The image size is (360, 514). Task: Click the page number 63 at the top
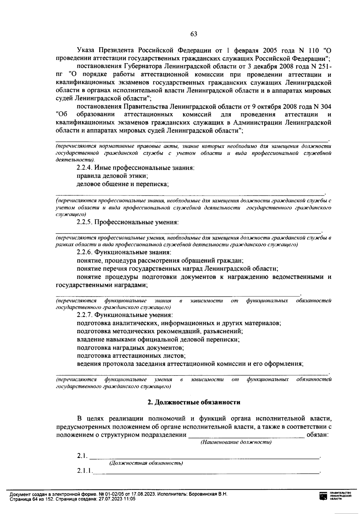point(193,34)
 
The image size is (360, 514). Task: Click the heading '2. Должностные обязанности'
point(194,402)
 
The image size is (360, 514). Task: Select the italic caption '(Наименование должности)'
point(236,442)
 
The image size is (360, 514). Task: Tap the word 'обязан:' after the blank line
point(317,435)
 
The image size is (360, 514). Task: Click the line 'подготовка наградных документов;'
point(130,348)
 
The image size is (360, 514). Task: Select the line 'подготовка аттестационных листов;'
point(131,356)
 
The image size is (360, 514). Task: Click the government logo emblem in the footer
point(323,496)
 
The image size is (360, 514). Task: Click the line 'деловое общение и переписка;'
point(123,184)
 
